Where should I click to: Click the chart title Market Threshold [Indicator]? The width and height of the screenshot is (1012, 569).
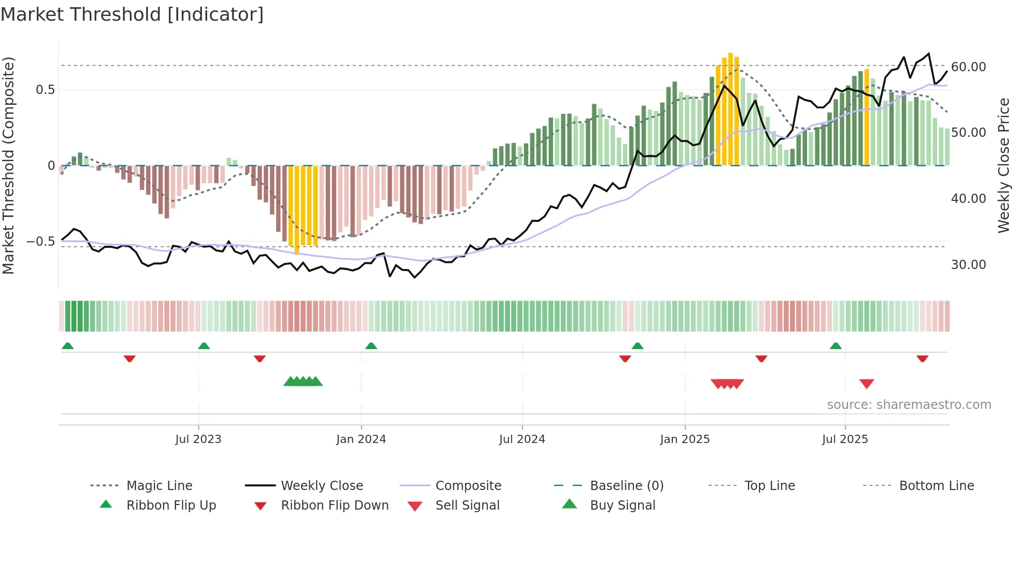132,14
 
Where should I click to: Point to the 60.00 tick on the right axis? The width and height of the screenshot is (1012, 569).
968,67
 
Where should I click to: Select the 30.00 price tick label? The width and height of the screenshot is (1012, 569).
968,265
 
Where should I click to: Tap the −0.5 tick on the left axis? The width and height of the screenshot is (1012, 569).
40,242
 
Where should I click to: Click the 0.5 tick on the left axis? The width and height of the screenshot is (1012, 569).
45,90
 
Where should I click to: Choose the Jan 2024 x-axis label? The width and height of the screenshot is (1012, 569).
361,439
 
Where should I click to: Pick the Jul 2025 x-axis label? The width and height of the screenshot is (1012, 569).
845,439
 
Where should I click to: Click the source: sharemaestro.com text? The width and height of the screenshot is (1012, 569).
909,405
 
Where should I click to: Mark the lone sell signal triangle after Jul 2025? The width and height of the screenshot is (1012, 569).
866,384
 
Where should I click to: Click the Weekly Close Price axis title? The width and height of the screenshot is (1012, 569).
1003,165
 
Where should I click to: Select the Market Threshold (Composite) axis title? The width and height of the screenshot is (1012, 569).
8,165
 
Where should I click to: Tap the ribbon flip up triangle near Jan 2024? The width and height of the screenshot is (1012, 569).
371,346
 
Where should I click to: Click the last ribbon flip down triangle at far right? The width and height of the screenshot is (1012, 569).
922,358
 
